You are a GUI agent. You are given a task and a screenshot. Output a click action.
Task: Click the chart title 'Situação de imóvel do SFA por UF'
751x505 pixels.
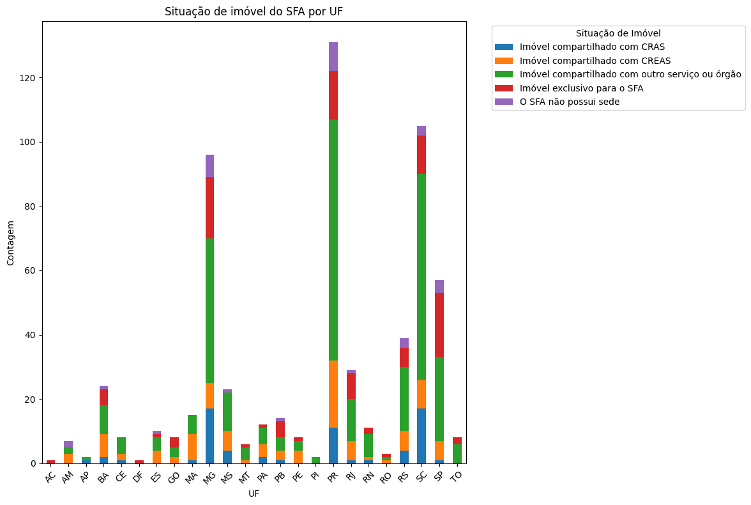pyautogui.click(x=254, y=12)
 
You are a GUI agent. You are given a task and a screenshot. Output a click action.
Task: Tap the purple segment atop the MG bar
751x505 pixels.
pyautogui.click(x=209, y=166)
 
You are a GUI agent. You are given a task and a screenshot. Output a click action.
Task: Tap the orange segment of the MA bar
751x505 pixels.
pyautogui.click(x=192, y=447)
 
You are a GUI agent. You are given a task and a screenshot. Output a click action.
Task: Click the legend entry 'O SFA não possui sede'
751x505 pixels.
pyautogui.click(x=570, y=102)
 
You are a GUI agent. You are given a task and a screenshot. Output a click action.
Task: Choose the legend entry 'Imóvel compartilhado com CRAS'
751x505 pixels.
pyautogui.click(x=592, y=47)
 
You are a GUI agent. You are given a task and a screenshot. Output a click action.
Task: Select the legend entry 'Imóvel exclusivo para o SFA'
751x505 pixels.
pyautogui.click(x=581, y=88)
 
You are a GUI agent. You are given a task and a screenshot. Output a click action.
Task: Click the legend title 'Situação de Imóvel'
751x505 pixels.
pyautogui.click(x=618, y=33)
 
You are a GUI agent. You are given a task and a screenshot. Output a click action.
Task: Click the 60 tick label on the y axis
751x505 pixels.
pyautogui.click(x=32, y=270)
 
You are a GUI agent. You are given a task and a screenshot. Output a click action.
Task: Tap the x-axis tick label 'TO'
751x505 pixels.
pyautogui.click(x=457, y=476)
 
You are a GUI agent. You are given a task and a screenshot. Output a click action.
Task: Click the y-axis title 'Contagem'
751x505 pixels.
pyautogui.click(x=11, y=242)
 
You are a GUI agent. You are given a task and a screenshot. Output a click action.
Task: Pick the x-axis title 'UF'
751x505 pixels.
pyautogui.click(x=254, y=493)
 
